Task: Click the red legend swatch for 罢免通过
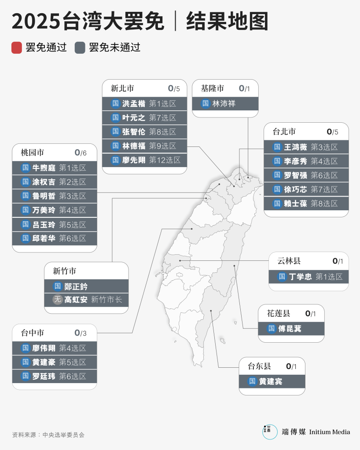[x=17, y=48]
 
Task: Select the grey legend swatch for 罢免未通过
[x=80, y=48]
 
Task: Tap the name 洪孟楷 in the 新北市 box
[x=134, y=104]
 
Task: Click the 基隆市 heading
[x=212, y=88]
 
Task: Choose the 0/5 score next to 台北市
[x=332, y=132]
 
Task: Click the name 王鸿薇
[x=295, y=147]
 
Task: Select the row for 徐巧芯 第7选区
[x=306, y=189]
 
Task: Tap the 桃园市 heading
[x=32, y=153]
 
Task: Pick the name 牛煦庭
[x=44, y=168]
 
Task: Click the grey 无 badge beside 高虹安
[x=57, y=300]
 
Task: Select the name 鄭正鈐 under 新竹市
[x=76, y=286]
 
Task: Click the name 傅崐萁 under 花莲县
[x=290, y=329]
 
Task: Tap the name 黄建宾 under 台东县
[x=270, y=381]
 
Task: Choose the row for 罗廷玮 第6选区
[x=54, y=376]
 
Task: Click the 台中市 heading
[x=32, y=333]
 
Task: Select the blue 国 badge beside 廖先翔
[x=115, y=160]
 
